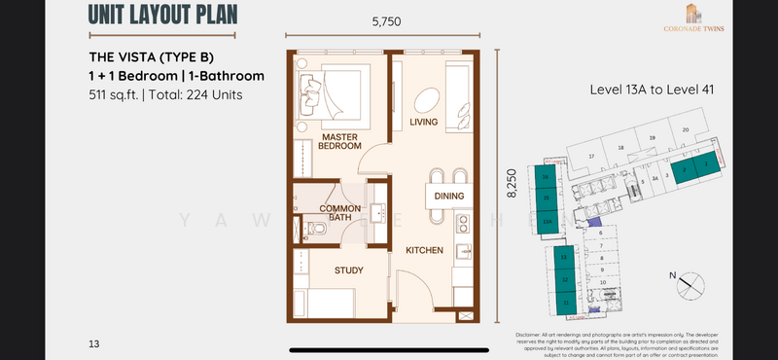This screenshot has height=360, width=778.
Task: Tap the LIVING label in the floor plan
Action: tap(425, 122)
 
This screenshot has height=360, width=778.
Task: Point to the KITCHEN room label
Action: tap(425, 250)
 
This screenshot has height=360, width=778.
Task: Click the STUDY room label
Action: tap(348, 270)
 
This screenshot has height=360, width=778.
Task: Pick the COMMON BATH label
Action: tap(340, 212)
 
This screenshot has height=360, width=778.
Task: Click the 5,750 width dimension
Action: tap(385, 22)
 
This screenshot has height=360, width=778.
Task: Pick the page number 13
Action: tap(93, 343)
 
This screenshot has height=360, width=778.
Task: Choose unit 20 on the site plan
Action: tap(686, 129)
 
